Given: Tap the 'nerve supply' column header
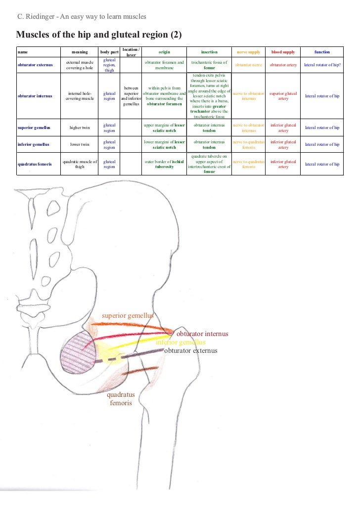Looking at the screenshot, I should coord(248,52).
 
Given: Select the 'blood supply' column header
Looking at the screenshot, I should coord(283,52).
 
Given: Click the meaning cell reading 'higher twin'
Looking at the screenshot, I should coord(80,127).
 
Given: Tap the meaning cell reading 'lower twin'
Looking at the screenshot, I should coord(80,144).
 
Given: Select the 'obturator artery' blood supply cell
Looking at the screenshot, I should coord(283,65).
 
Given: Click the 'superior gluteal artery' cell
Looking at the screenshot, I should coord(283,95).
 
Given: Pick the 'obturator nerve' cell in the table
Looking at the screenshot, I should coord(248,65).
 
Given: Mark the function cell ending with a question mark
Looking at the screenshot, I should coord(322,65).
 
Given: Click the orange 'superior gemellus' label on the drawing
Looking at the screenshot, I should coord(128,315).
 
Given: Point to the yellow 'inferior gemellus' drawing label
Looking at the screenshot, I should coord(180,342).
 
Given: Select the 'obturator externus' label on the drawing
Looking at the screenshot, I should coord(190,351).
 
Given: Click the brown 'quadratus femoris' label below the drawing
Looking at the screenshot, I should coord(121,399).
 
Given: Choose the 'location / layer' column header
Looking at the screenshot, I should coord(131,52).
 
